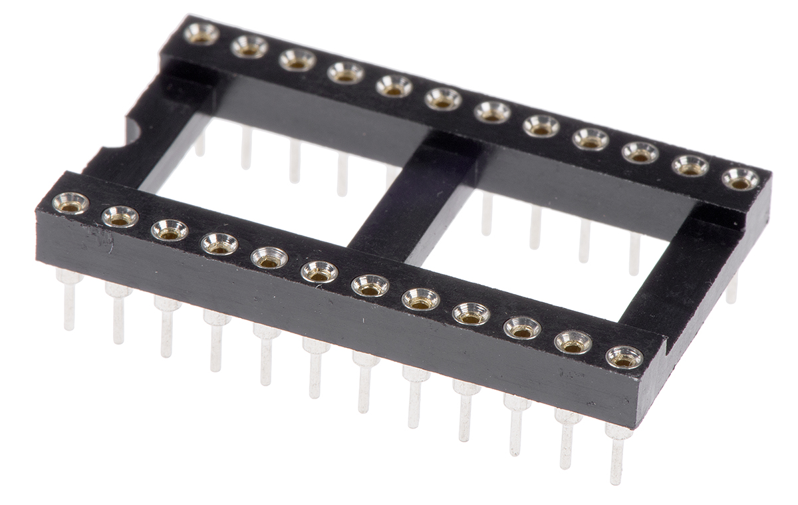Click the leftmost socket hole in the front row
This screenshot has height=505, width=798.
(x=70, y=203)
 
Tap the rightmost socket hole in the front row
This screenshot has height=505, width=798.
(x=624, y=357)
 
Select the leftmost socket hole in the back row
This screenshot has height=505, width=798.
(x=201, y=33)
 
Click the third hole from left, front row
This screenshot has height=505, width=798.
(x=170, y=230)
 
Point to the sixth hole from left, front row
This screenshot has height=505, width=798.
(x=319, y=271)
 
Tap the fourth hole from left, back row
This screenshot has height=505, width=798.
(x=346, y=73)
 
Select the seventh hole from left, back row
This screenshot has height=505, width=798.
(x=493, y=112)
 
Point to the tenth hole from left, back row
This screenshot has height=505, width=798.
(x=640, y=152)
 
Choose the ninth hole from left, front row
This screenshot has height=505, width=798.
(x=471, y=313)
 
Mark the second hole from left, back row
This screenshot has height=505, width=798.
(x=249, y=47)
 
